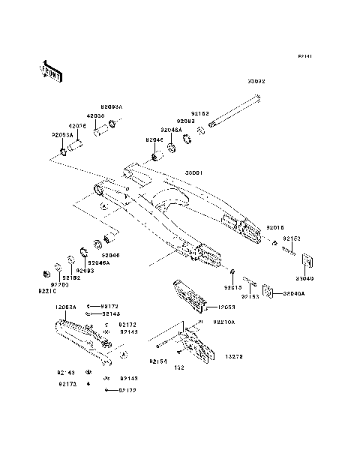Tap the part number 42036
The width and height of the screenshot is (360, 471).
coord(79,126)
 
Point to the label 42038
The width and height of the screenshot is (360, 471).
coord(94,116)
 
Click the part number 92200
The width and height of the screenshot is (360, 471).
coord(59,286)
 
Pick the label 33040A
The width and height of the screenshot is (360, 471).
coord(293,294)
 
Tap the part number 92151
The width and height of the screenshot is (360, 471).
coord(157,361)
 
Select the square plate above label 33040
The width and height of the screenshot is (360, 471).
coord(307,261)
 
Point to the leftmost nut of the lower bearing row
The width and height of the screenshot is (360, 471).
coord(47,270)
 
